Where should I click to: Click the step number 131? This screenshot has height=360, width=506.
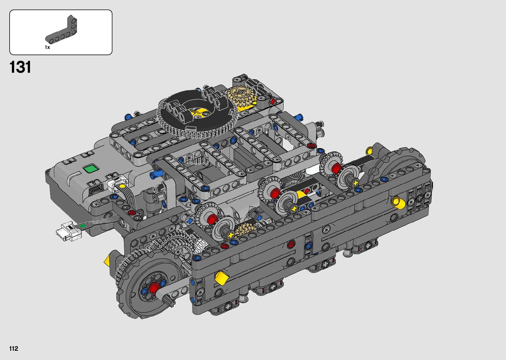point(20,67)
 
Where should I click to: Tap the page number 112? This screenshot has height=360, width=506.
point(14,348)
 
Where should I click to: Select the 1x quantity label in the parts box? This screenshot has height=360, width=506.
point(47,47)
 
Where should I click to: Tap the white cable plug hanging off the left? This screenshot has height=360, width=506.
point(67,231)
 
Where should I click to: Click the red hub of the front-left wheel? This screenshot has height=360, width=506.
point(155,288)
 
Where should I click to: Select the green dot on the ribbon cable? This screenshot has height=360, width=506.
point(83,226)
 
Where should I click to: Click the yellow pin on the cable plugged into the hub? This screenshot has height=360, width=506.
point(122,186)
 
